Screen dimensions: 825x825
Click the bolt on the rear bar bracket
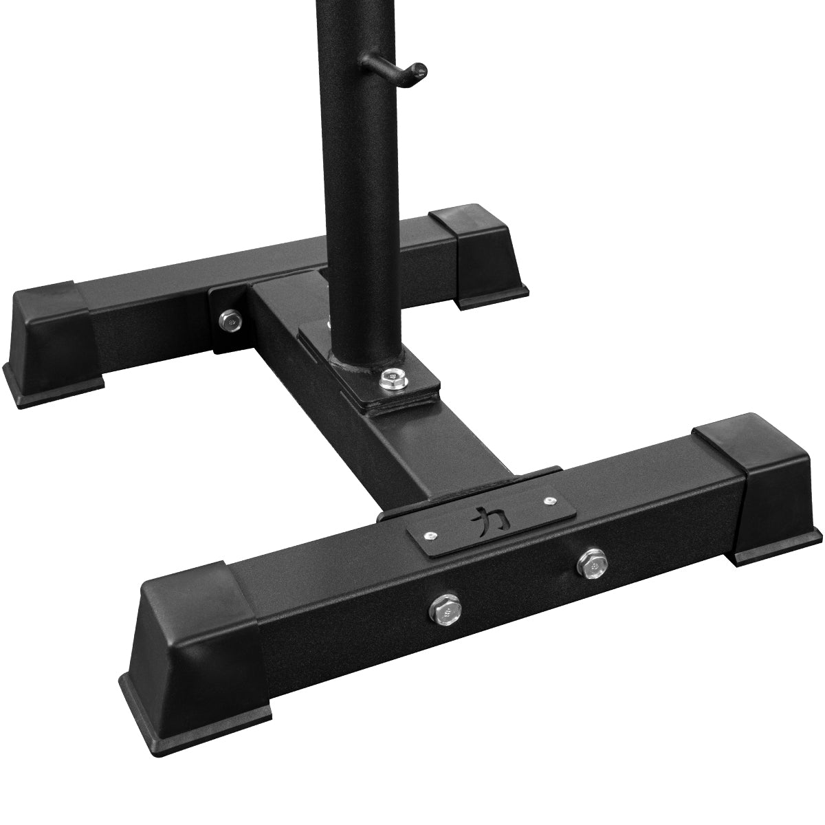click(230, 319)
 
